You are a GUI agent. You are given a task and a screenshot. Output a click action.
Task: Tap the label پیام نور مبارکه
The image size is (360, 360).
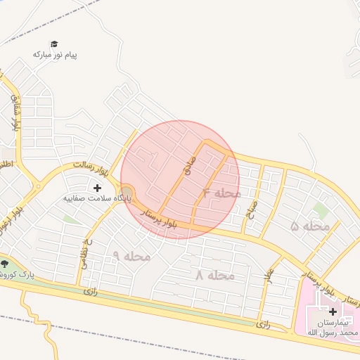(x=55, y=54)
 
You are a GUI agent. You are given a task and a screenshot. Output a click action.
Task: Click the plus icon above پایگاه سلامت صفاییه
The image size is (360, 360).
(x=97, y=188)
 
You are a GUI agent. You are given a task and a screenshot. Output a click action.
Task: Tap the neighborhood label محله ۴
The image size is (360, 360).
(x=221, y=193)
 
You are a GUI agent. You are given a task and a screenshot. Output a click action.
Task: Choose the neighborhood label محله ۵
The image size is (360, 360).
(x=310, y=226)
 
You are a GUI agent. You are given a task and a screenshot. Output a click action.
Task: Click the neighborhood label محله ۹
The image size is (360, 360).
(x=131, y=256)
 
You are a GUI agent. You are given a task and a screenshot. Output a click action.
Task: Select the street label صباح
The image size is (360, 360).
(x=252, y=209)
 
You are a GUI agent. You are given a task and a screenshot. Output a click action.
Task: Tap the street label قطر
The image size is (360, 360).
(x=268, y=275)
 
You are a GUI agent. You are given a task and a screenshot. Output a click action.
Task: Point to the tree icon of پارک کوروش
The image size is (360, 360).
(x=6, y=264)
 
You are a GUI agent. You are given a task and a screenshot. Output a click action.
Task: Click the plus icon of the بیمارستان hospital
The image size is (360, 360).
(x=333, y=311)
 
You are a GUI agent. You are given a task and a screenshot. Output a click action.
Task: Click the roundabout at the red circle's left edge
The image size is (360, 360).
(x=127, y=193)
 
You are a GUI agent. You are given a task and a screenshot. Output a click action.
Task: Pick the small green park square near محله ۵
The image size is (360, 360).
(x=321, y=210)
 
